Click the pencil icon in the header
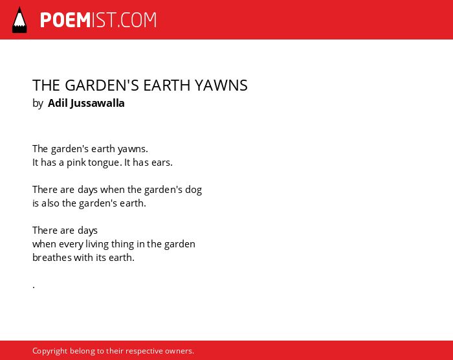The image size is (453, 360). [x=19, y=20]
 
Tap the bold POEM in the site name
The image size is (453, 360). [x=65, y=20]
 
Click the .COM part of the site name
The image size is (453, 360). [x=137, y=20]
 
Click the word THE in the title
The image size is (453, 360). [x=46, y=85]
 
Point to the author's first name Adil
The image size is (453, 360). [x=58, y=103]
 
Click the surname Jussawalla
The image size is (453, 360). [x=97, y=103]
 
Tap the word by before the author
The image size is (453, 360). [x=38, y=104]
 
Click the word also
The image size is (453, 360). [x=50, y=203]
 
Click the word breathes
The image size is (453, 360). [x=52, y=257]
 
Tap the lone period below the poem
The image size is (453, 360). [x=34, y=287]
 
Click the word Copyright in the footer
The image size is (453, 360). [x=50, y=351]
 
